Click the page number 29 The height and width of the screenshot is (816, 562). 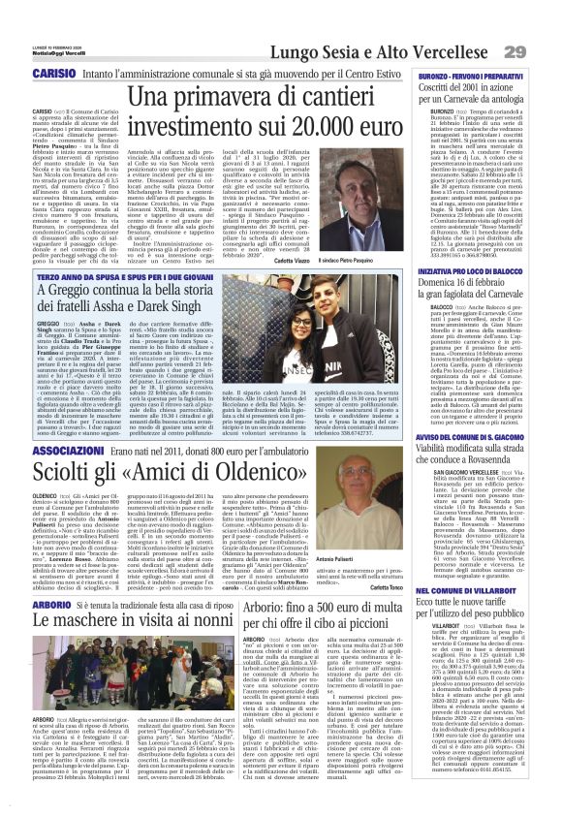click(541, 50)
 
